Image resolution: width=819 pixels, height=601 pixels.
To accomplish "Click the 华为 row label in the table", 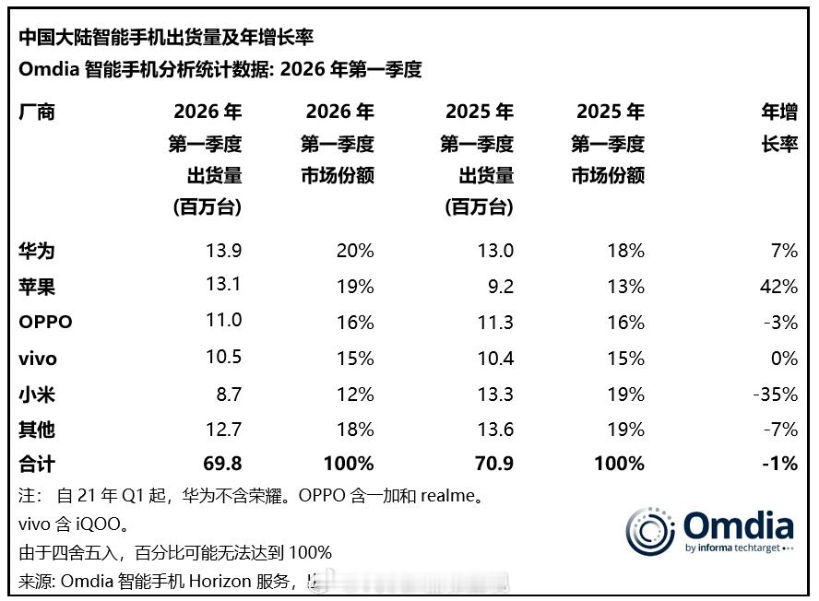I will click(37, 251).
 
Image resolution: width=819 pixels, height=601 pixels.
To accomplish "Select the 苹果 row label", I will click(37, 287).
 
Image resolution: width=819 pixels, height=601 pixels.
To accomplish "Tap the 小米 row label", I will click(37, 394).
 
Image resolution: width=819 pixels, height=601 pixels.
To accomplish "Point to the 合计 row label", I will click(37, 464).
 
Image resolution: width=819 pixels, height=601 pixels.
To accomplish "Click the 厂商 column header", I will click(37, 112).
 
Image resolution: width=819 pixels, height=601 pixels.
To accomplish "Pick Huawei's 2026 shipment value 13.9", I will click(223, 251).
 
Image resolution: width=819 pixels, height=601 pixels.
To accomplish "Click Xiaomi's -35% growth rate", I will click(774, 394).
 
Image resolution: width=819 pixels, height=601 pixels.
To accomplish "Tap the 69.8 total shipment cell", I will click(222, 464).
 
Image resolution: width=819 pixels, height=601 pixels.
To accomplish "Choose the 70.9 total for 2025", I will click(493, 464).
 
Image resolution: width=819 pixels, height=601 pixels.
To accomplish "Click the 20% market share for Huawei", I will click(355, 251).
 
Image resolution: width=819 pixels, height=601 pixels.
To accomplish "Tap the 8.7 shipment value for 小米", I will click(228, 394).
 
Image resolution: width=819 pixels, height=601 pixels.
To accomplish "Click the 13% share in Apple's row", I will click(626, 287).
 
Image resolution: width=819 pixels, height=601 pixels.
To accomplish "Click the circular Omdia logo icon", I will click(650, 530).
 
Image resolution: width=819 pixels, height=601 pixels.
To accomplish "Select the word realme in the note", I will click(449, 496).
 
